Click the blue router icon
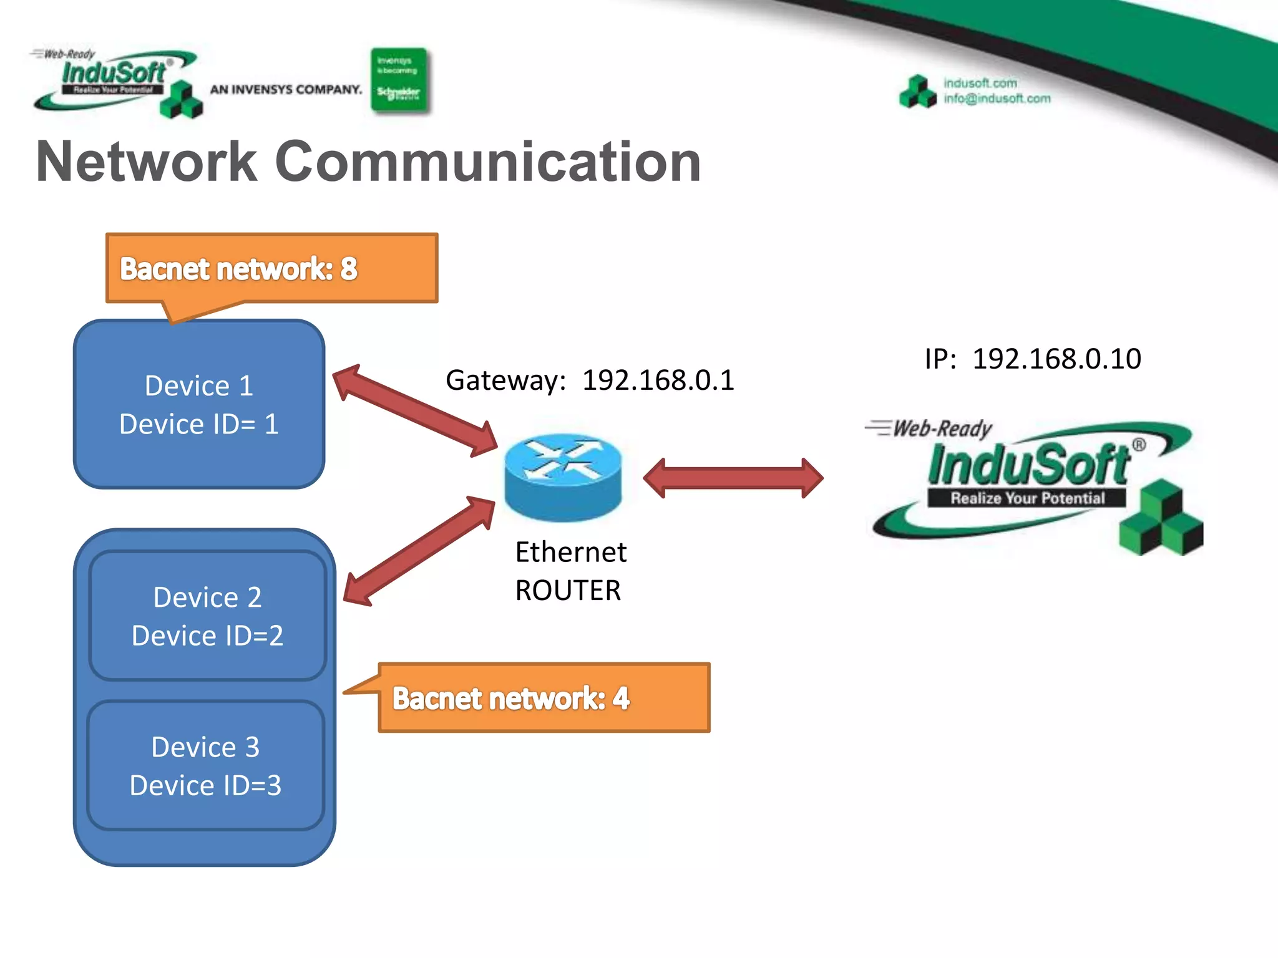[563, 477]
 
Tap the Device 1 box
[198, 404]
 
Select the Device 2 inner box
[207, 616]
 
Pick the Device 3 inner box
[205, 765]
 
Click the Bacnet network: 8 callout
[271, 269]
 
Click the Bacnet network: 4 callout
[543, 698]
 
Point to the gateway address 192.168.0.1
[658, 380]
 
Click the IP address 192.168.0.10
[1056, 359]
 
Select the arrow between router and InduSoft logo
[733, 478]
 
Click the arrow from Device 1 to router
[415, 410]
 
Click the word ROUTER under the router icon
[568, 590]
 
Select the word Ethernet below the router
[570, 552]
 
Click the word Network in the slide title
[147, 162]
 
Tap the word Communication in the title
[488, 162]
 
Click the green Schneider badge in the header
[399, 80]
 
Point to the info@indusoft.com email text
[997, 99]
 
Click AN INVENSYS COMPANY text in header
[286, 90]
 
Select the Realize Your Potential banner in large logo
[1027, 498]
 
